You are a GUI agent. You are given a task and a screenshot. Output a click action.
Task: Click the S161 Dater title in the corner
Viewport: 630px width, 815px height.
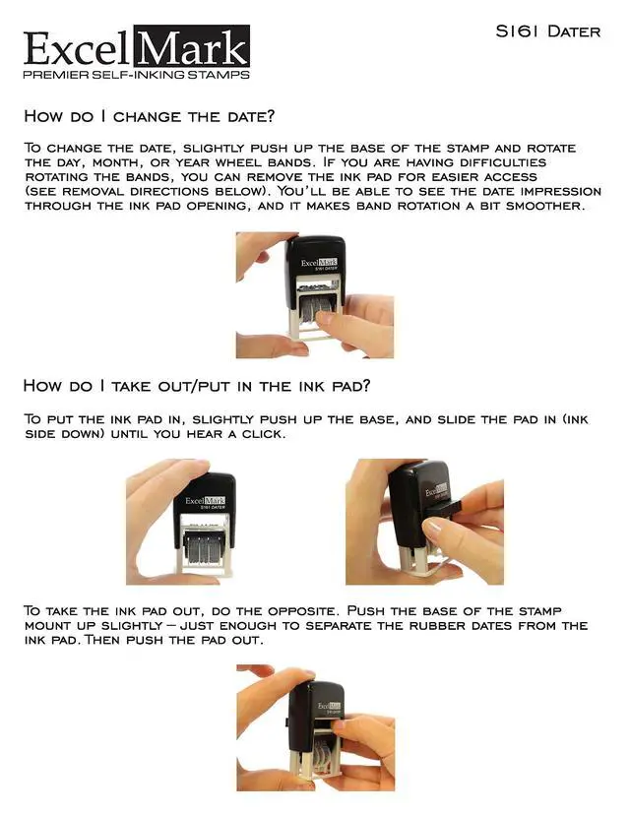[x=547, y=31]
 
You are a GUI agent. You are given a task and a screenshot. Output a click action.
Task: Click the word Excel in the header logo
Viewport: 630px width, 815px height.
[x=77, y=49]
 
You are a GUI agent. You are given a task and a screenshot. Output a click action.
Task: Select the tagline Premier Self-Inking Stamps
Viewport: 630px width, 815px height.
[x=136, y=75]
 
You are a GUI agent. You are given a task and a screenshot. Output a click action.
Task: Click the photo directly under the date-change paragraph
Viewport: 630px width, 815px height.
[x=314, y=294]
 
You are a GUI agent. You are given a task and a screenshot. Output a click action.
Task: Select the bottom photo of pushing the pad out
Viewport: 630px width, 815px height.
[x=314, y=727]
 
